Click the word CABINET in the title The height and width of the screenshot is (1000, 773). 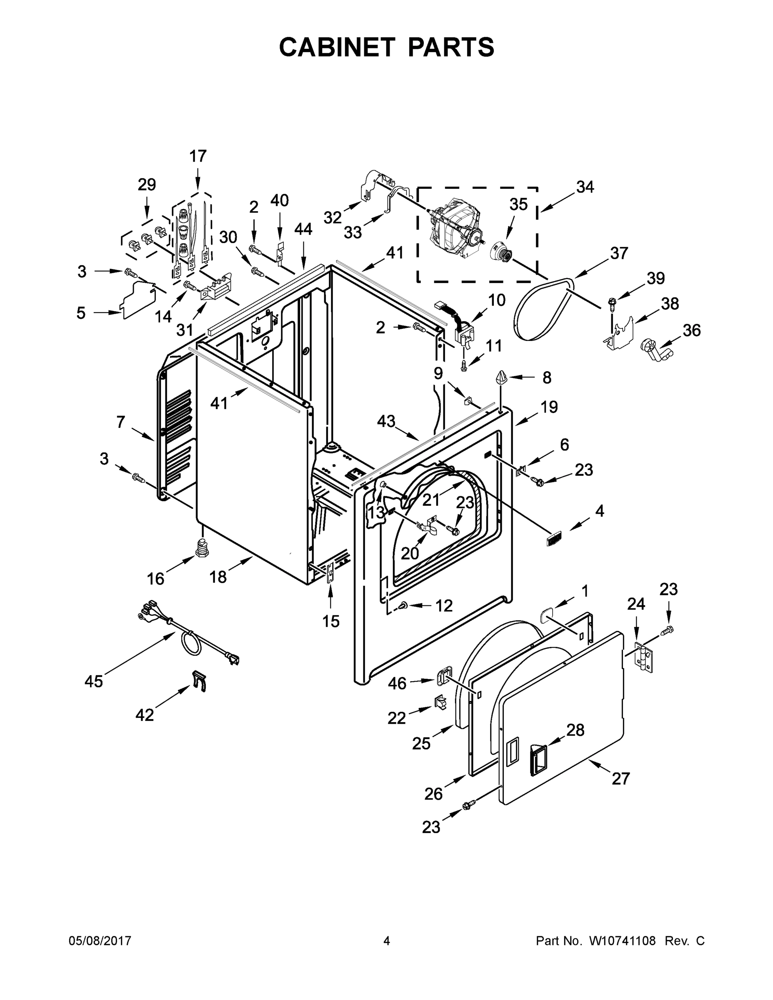click(x=337, y=47)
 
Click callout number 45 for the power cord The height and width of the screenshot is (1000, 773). click(x=93, y=681)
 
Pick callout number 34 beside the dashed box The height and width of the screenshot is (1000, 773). click(x=585, y=187)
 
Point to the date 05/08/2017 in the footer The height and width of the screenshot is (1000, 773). click(x=100, y=941)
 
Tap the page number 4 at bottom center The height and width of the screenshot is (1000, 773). click(x=387, y=941)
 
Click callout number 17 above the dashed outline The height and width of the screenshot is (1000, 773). click(x=198, y=157)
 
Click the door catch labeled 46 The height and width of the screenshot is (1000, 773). click(x=443, y=677)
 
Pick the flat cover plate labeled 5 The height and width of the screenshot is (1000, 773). click(x=137, y=300)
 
